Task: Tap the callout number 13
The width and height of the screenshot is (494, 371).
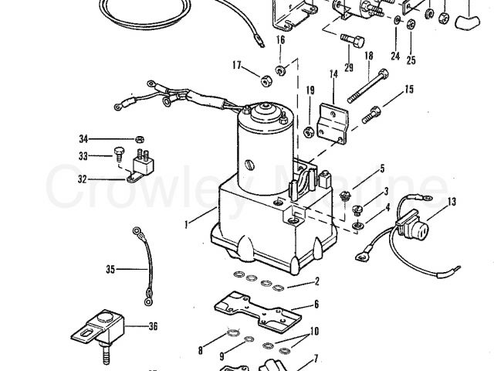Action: point(452,202)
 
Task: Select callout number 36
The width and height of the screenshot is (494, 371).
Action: point(153,326)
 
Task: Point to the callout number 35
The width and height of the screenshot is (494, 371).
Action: point(111,270)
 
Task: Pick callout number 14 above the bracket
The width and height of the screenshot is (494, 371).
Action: point(333,74)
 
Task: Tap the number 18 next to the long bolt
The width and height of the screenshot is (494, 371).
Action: point(368,56)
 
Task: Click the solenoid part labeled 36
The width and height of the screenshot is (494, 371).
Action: point(99,328)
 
